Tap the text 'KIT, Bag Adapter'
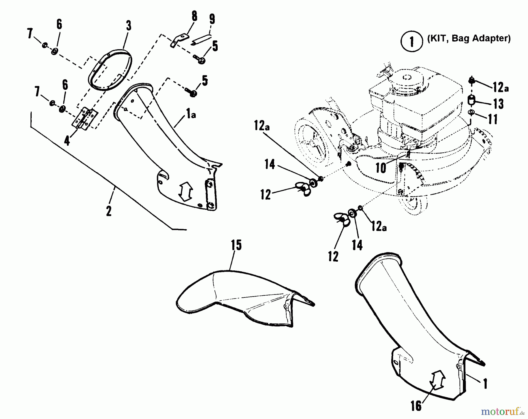[469, 38]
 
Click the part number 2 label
[109, 211]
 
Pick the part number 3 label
[128, 26]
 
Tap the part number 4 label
[67, 141]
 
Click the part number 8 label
[194, 17]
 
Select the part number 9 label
[212, 19]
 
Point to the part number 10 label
[381, 168]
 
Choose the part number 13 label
[498, 104]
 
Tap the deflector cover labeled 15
[235, 296]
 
